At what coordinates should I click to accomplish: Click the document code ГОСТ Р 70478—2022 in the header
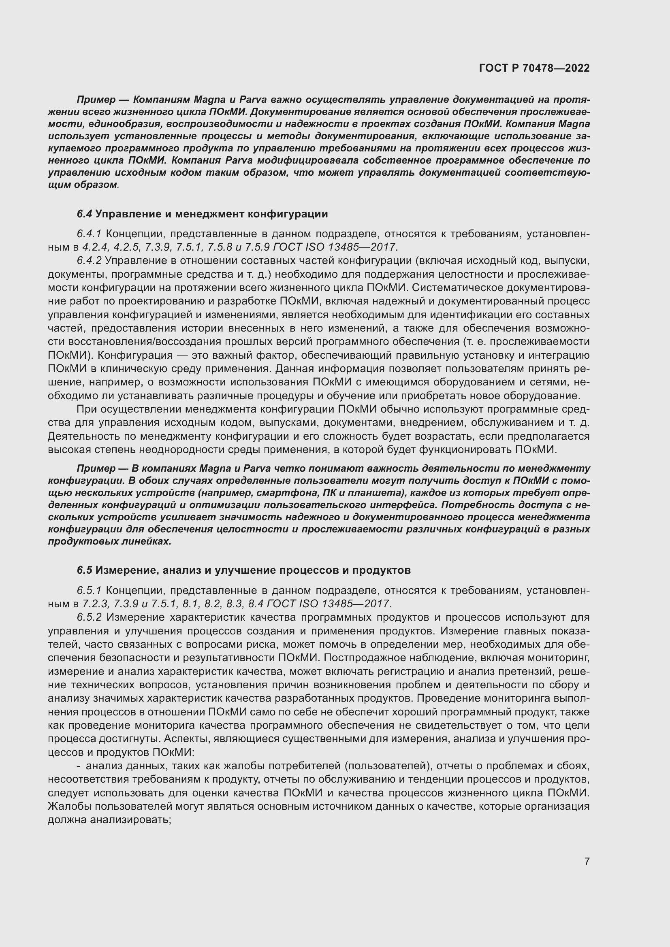point(534,68)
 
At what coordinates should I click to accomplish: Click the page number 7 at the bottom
point(587,861)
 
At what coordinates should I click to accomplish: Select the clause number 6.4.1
point(89,234)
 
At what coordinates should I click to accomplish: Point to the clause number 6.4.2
point(89,261)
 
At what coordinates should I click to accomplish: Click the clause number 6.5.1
point(89,591)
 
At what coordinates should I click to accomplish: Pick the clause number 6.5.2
point(89,617)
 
